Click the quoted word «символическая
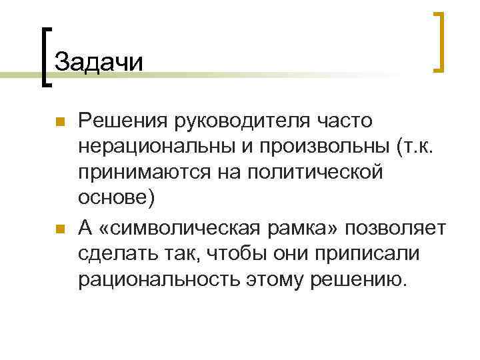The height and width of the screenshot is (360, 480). [x=188, y=227]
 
